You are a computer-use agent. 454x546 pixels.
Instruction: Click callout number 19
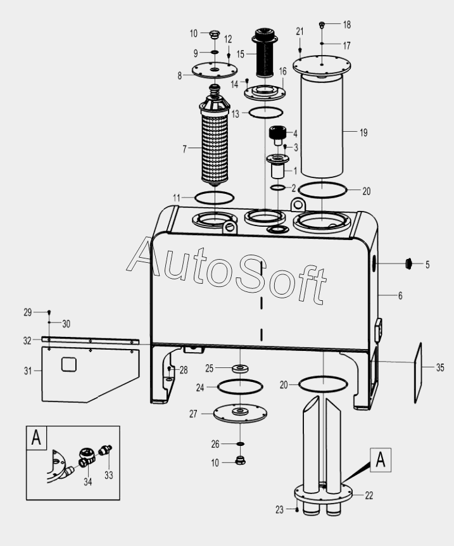pyautogui.click(x=363, y=132)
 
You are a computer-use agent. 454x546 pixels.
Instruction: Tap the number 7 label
pyautogui.click(x=184, y=149)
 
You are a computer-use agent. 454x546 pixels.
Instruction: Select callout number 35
pyautogui.click(x=439, y=366)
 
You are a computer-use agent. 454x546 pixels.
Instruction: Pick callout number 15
pyautogui.click(x=240, y=54)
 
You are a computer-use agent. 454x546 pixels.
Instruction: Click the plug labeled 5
pyautogui.click(x=408, y=263)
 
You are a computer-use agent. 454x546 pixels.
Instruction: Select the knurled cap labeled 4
pyautogui.click(x=276, y=134)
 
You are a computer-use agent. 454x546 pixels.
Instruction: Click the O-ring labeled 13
pyautogui.click(x=264, y=112)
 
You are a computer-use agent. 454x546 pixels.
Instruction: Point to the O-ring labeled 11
pyautogui.click(x=214, y=197)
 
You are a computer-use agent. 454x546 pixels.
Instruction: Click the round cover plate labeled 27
pyautogui.click(x=240, y=414)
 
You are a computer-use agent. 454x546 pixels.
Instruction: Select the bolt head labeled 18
pyautogui.click(x=322, y=25)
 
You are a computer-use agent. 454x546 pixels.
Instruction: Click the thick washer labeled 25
pyautogui.click(x=240, y=368)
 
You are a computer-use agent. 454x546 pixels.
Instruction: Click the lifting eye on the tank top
pyautogui.click(x=297, y=205)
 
